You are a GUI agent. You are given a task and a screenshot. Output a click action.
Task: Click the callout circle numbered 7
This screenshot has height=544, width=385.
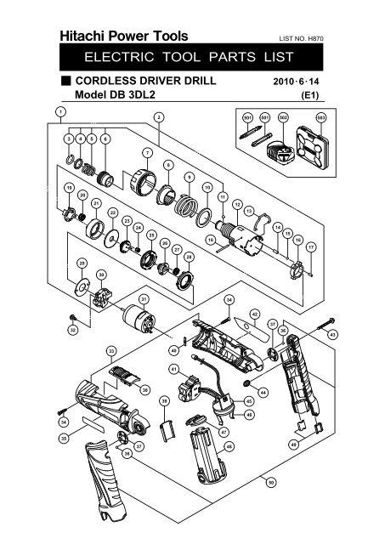[147, 153]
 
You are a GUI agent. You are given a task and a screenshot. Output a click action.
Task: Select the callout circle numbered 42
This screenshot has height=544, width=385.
[254, 314]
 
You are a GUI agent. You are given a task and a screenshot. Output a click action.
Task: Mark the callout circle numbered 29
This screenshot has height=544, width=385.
[82, 263]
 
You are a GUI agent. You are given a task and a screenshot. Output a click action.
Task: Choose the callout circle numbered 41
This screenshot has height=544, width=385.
[173, 369]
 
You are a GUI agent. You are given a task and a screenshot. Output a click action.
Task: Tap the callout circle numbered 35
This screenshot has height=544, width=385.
[62, 438]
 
